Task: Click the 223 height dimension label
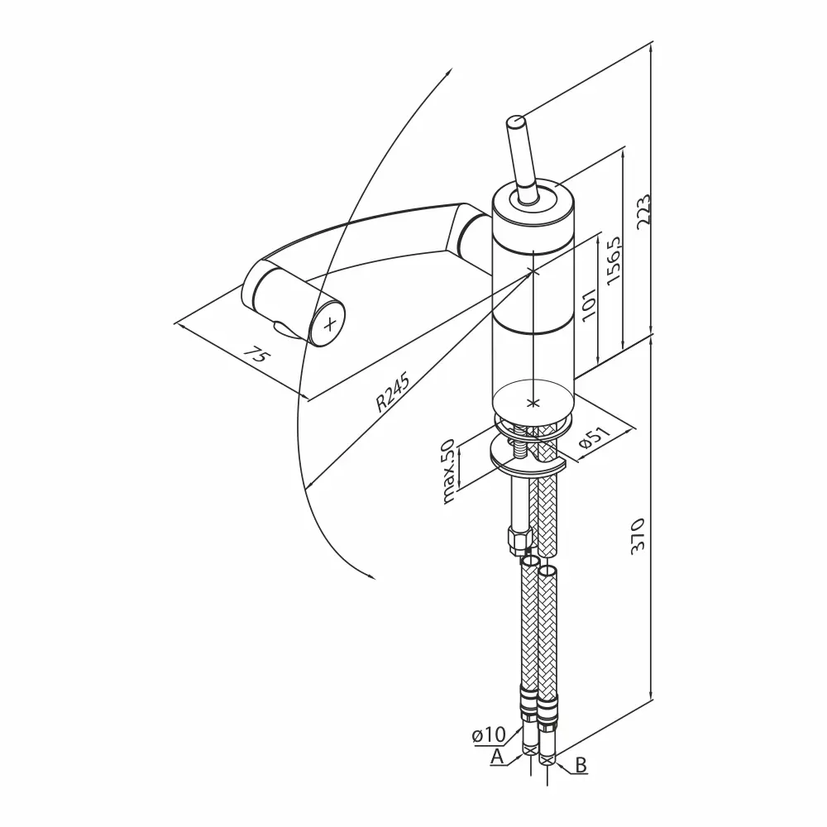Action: (x=643, y=212)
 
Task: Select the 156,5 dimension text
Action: (x=614, y=260)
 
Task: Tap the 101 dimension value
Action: (x=589, y=303)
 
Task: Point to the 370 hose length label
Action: (x=638, y=535)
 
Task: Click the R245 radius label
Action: (x=393, y=394)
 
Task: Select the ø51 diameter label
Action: (x=594, y=437)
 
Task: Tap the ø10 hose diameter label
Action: (x=489, y=734)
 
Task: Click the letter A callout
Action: (x=497, y=757)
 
